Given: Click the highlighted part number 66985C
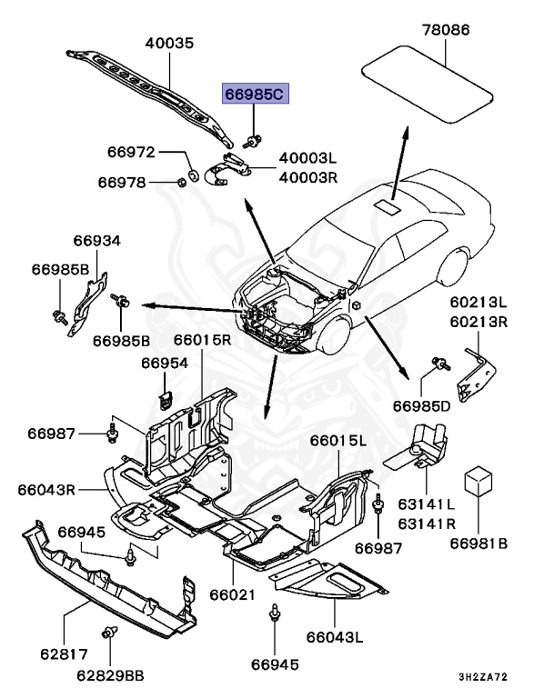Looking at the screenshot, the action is pyautogui.click(x=256, y=94).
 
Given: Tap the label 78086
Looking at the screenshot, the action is pyautogui.click(x=446, y=30).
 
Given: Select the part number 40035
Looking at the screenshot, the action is pyautogui.click(x=169, y=44).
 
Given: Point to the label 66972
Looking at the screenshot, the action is pyautogui.click(x=131, y=153).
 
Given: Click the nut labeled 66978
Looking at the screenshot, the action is pyautogui.click(x=181, y=182).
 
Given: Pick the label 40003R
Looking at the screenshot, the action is pyautogui.click(x=308, y=177).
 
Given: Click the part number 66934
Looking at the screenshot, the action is pyautogui.click(x=97, y=241).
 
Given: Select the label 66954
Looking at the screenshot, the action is pyautogui.click(x=165, y=364).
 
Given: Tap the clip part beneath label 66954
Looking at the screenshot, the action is pyautogui.click(x=166, y=399).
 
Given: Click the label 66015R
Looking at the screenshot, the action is pyautogui.click(x=202, y=340).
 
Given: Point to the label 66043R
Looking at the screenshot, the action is pyautogui.click(x=46, y=490).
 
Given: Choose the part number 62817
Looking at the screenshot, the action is pyautogui.click(x=65, y=654).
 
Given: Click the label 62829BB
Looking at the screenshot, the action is pyautogui.click(x=111, y=676).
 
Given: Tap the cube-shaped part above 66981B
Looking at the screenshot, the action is pyautogui.click(x=478, y=481).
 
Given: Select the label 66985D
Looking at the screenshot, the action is pyautogui.click(x=421, y=406).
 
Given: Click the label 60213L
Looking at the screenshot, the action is pyautogui.click(x=478, y=303).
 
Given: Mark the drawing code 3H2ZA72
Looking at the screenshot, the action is pyautogui.click(x=483, y=677).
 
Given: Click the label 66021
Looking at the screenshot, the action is pyautogui.click(x=233, y=594).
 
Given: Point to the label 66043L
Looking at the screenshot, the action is pyautogui.click(x=335, y=637).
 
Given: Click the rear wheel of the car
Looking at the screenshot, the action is pyautogui.click(x=453, y=268).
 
